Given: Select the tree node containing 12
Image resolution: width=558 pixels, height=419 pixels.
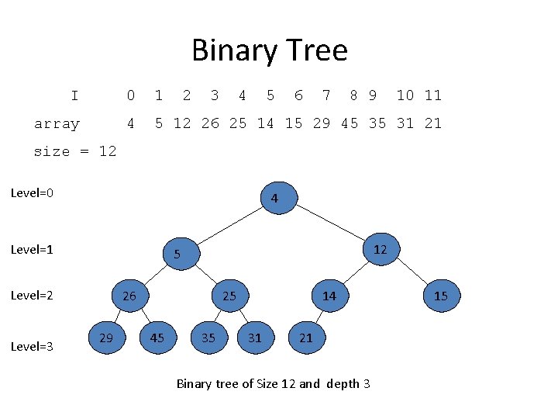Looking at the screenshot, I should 380,250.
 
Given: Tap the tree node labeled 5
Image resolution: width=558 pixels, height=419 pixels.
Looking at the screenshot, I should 180,255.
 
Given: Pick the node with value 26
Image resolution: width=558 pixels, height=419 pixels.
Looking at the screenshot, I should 129,296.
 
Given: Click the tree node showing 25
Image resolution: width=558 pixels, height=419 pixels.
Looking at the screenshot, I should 229,296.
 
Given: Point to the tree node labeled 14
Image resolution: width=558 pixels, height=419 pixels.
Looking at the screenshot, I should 329,296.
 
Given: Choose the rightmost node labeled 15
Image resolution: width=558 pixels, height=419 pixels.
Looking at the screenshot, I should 441,296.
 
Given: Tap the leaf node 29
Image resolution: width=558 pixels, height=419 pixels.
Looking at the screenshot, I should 106,337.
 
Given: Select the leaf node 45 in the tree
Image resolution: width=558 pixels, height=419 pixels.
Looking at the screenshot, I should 157,338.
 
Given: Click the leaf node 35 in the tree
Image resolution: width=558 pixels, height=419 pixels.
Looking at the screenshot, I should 208,338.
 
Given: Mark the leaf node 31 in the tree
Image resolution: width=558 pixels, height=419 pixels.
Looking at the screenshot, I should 255,338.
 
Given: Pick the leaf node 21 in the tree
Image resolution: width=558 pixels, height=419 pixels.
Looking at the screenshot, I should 306,338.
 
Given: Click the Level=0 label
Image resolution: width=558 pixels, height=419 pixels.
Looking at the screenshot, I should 32,192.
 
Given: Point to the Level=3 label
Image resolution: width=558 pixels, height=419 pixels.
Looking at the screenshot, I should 32,346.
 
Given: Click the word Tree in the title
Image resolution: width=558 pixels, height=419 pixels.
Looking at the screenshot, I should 316,51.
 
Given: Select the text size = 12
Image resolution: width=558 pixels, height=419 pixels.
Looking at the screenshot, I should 75,151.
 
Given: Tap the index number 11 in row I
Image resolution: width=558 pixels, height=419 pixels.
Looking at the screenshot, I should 432,95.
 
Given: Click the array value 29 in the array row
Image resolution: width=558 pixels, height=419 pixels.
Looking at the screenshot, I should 322,123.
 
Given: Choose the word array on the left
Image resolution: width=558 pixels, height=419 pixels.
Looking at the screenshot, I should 57,123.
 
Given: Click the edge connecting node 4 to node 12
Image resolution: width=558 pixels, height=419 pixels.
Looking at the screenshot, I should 332,223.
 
